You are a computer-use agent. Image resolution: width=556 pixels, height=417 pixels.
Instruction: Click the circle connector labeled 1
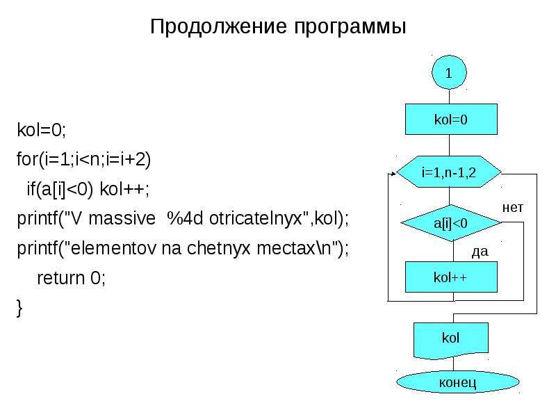tap(449, 72)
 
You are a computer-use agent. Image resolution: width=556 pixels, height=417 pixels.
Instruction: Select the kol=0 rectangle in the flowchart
tap(451, 119)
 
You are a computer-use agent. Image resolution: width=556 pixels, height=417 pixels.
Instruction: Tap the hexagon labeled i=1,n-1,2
tap(449, 172)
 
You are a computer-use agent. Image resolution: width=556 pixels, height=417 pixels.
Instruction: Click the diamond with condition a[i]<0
tap(450, 223)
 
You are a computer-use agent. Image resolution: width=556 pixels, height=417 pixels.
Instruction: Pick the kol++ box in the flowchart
tap(451, 277)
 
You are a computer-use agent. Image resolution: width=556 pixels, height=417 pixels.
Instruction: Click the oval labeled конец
tap(458, 382)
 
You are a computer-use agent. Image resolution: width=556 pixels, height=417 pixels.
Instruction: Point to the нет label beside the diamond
tap(513, 207)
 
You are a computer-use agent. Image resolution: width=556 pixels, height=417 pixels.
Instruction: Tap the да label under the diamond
tap(480, 252)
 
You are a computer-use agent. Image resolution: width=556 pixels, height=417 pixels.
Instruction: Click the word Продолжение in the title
tap(218, 26)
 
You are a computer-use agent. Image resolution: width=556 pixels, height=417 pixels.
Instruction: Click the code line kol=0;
tap(42, 130)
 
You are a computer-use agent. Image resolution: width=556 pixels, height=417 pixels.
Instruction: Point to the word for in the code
tap(27, 159)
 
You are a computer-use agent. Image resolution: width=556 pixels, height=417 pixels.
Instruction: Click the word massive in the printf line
tap(122, 218)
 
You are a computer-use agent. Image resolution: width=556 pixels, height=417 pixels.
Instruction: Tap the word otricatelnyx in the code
tap(256, 218)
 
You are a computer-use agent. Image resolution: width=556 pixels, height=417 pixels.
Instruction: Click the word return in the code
tap(60, 278)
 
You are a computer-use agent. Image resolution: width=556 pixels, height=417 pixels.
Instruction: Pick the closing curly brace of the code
tap(19, 308)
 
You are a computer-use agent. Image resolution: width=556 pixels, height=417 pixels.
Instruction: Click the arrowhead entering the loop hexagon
tap(393, 174)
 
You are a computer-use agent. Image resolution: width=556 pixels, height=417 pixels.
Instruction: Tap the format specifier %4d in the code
tap(185, 218)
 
